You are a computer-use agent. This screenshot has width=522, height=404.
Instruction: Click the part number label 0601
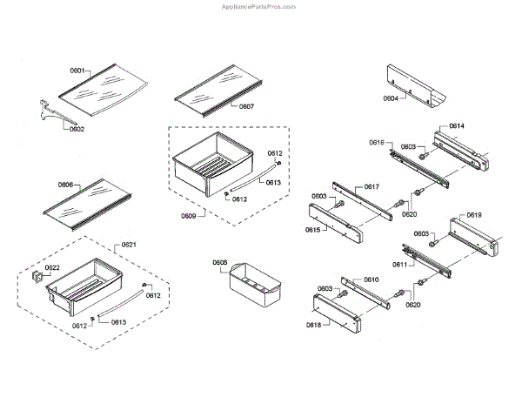click(78, 71)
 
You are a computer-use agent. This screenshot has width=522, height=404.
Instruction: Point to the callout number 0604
click(391, 100)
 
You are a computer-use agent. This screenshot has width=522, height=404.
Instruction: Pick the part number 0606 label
click(66, 185)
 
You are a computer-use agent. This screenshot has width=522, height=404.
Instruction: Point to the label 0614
click(456, 127)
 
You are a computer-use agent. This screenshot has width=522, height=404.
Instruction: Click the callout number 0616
click(377, 142)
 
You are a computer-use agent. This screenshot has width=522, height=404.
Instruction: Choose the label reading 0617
click(371, 186)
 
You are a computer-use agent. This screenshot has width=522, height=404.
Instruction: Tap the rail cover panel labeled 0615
click(335, 222)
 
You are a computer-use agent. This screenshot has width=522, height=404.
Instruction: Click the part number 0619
click(473, 214)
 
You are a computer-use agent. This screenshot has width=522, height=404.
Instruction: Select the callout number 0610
click(371, 279)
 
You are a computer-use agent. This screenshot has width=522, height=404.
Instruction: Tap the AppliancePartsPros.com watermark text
click(260, 5)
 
